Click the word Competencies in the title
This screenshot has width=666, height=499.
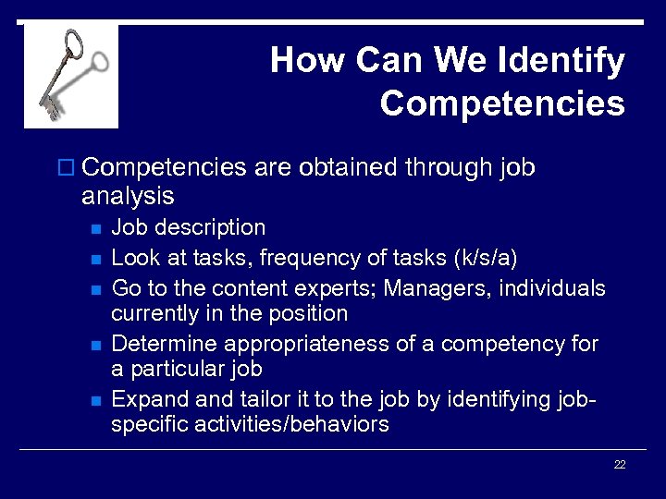502,103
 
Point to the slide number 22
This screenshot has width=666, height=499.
620,465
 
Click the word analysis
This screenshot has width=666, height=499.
128,196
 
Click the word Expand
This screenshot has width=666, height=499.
146,400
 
